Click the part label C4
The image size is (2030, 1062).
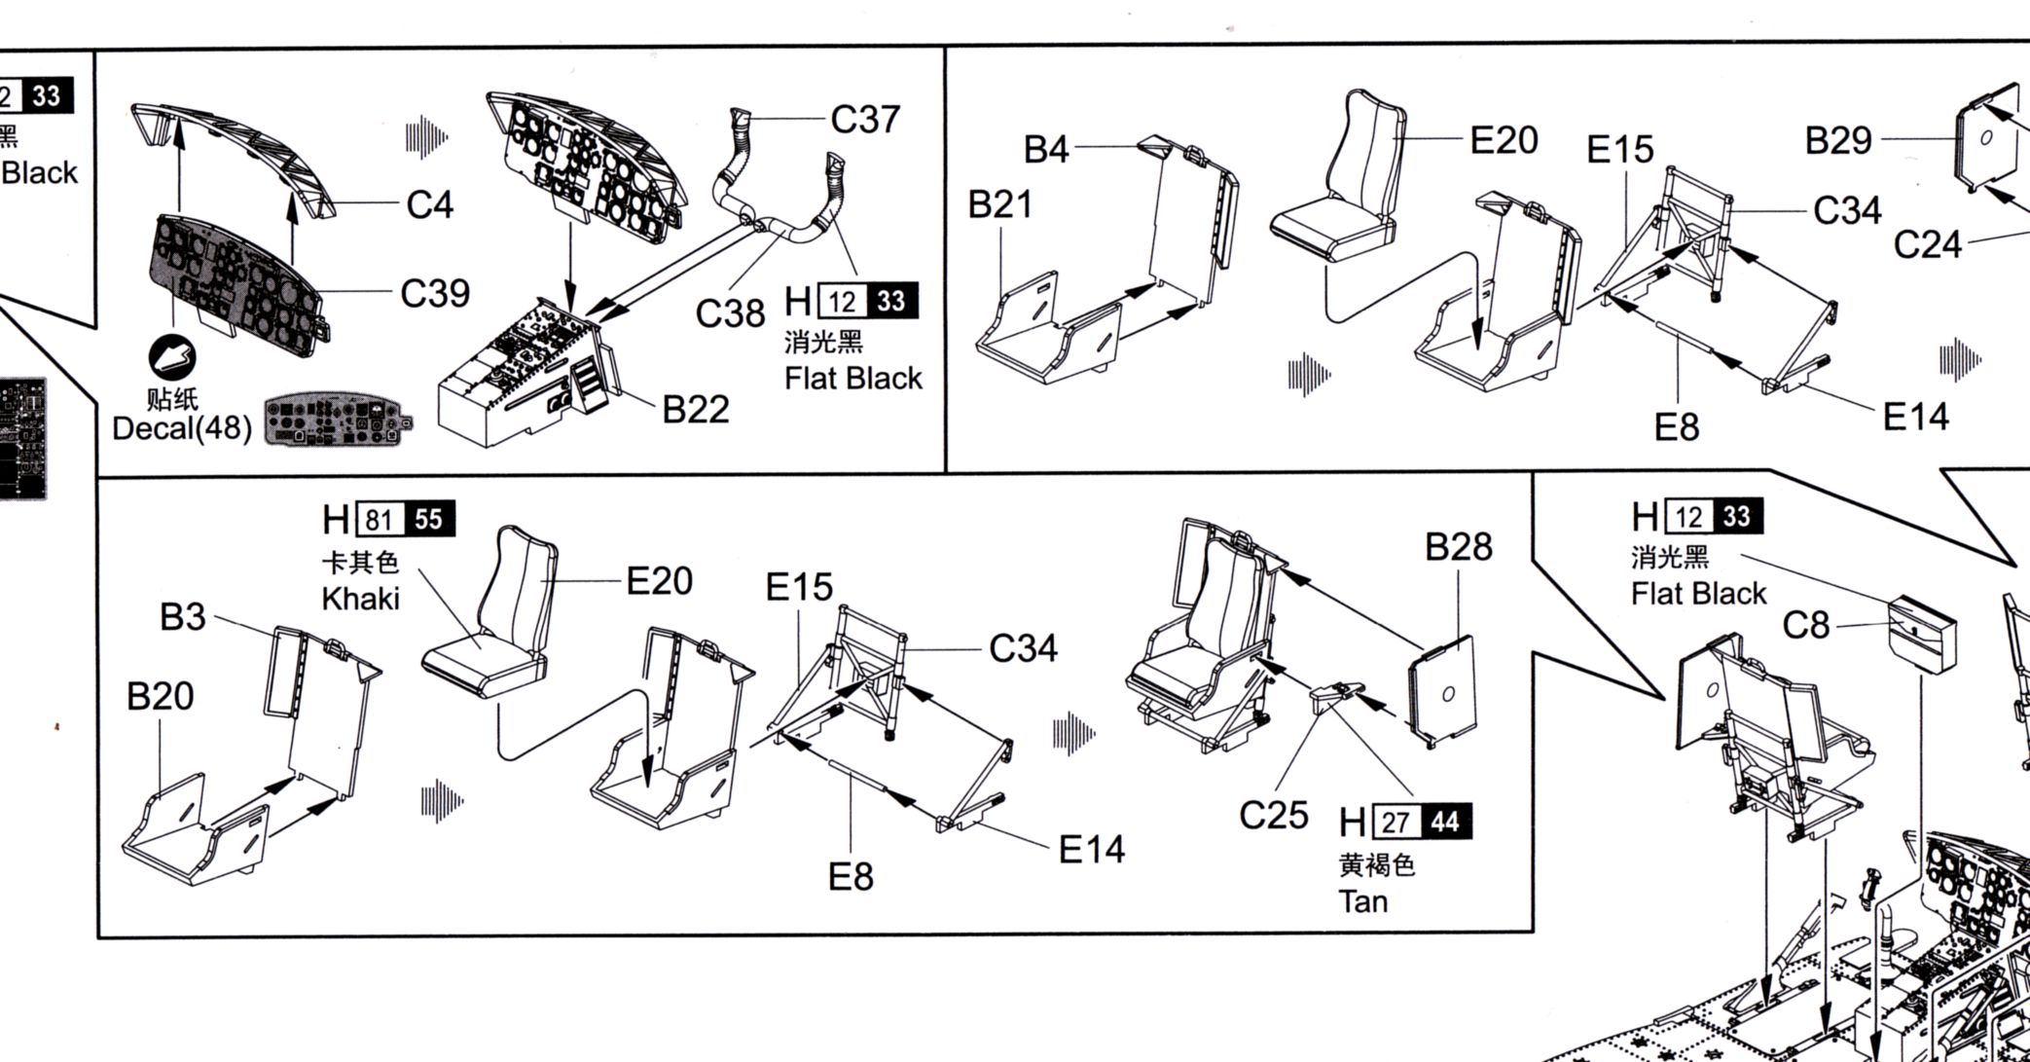[x=429, y=205]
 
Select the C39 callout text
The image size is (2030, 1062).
[x=435, y=293]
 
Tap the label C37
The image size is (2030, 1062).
[x=865, y=120]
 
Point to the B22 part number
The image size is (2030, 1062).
[x=696, y=410]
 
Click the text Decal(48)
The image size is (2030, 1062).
[x=182, y=427]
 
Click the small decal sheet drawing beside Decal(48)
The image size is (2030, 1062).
[x=337, y=421]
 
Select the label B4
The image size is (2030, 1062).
[x=1046, y=149]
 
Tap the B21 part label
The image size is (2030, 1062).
[x=1000, y=204]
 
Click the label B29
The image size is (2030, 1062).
[x=1838, y=140]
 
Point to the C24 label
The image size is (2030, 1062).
[x=1927, y=244]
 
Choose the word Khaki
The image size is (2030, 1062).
[x=360, y=599]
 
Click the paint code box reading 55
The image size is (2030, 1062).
[x=428, y=520]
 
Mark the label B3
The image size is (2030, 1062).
[x=183, y=617]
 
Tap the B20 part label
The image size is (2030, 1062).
[x=161, y=696]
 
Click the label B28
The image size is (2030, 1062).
[x=1458, y=547]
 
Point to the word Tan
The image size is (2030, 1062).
[x=1362, y=901]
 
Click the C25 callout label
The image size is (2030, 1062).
[x=1273, y=815]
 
